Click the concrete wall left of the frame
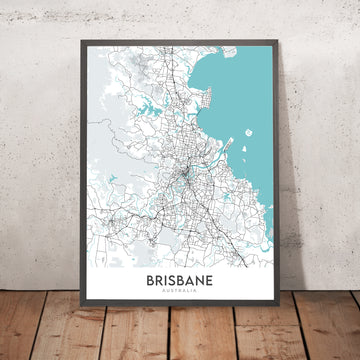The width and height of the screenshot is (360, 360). click(x=40, y=150)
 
